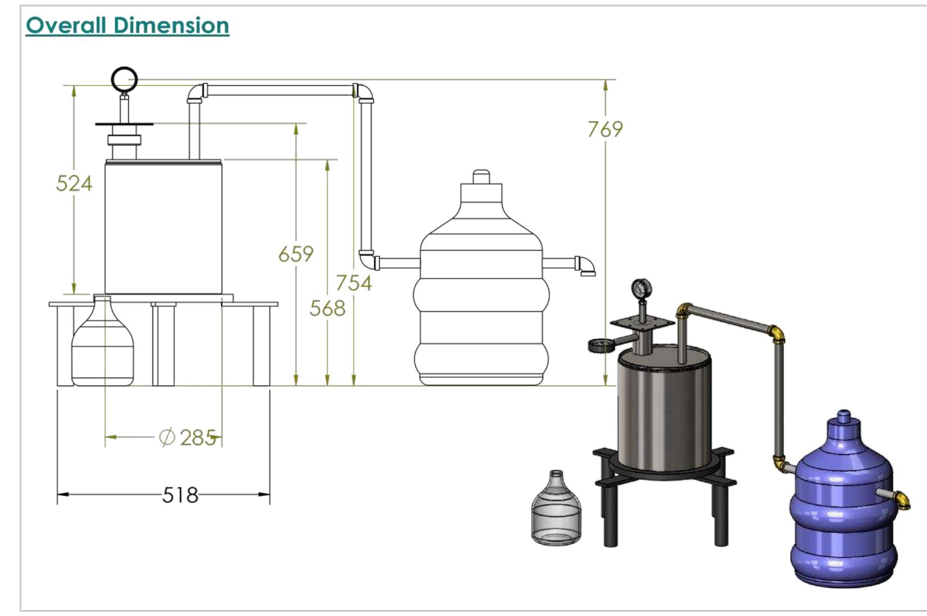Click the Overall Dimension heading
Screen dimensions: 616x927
pos(127,25)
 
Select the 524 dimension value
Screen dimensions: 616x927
pos(74,184)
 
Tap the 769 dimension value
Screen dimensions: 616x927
pos(605,129)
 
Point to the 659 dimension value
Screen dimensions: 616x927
pos(296,254)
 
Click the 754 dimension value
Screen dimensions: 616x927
pos(354,283)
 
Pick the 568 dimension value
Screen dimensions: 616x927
pos(327,309)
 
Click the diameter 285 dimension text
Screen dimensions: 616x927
pos(188,437)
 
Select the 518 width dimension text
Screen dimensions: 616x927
pos(180,495)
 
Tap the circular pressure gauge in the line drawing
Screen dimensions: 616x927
pos(125,80)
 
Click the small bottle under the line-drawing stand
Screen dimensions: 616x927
pos(102,345)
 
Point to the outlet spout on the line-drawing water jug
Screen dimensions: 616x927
pos(586,266)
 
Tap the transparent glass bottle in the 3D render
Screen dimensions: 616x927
pos(556,510)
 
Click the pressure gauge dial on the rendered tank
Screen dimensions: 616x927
pos(641,289)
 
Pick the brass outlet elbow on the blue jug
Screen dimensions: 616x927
pos(903,500)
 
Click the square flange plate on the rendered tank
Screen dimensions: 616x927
pos(642,323)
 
